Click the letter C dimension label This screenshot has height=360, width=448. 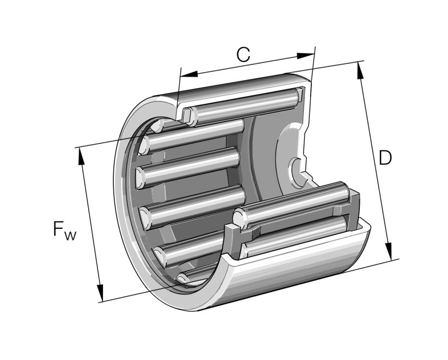243,54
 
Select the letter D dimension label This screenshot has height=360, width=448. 385,158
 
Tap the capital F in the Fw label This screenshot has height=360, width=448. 59,228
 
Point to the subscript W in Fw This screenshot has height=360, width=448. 71,235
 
